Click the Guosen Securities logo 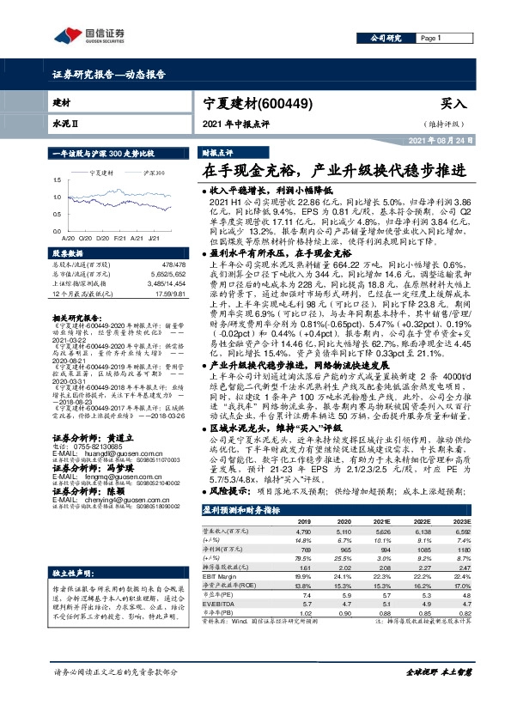click(x=89, y=35)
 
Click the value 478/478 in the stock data click(x=175, y=266)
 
